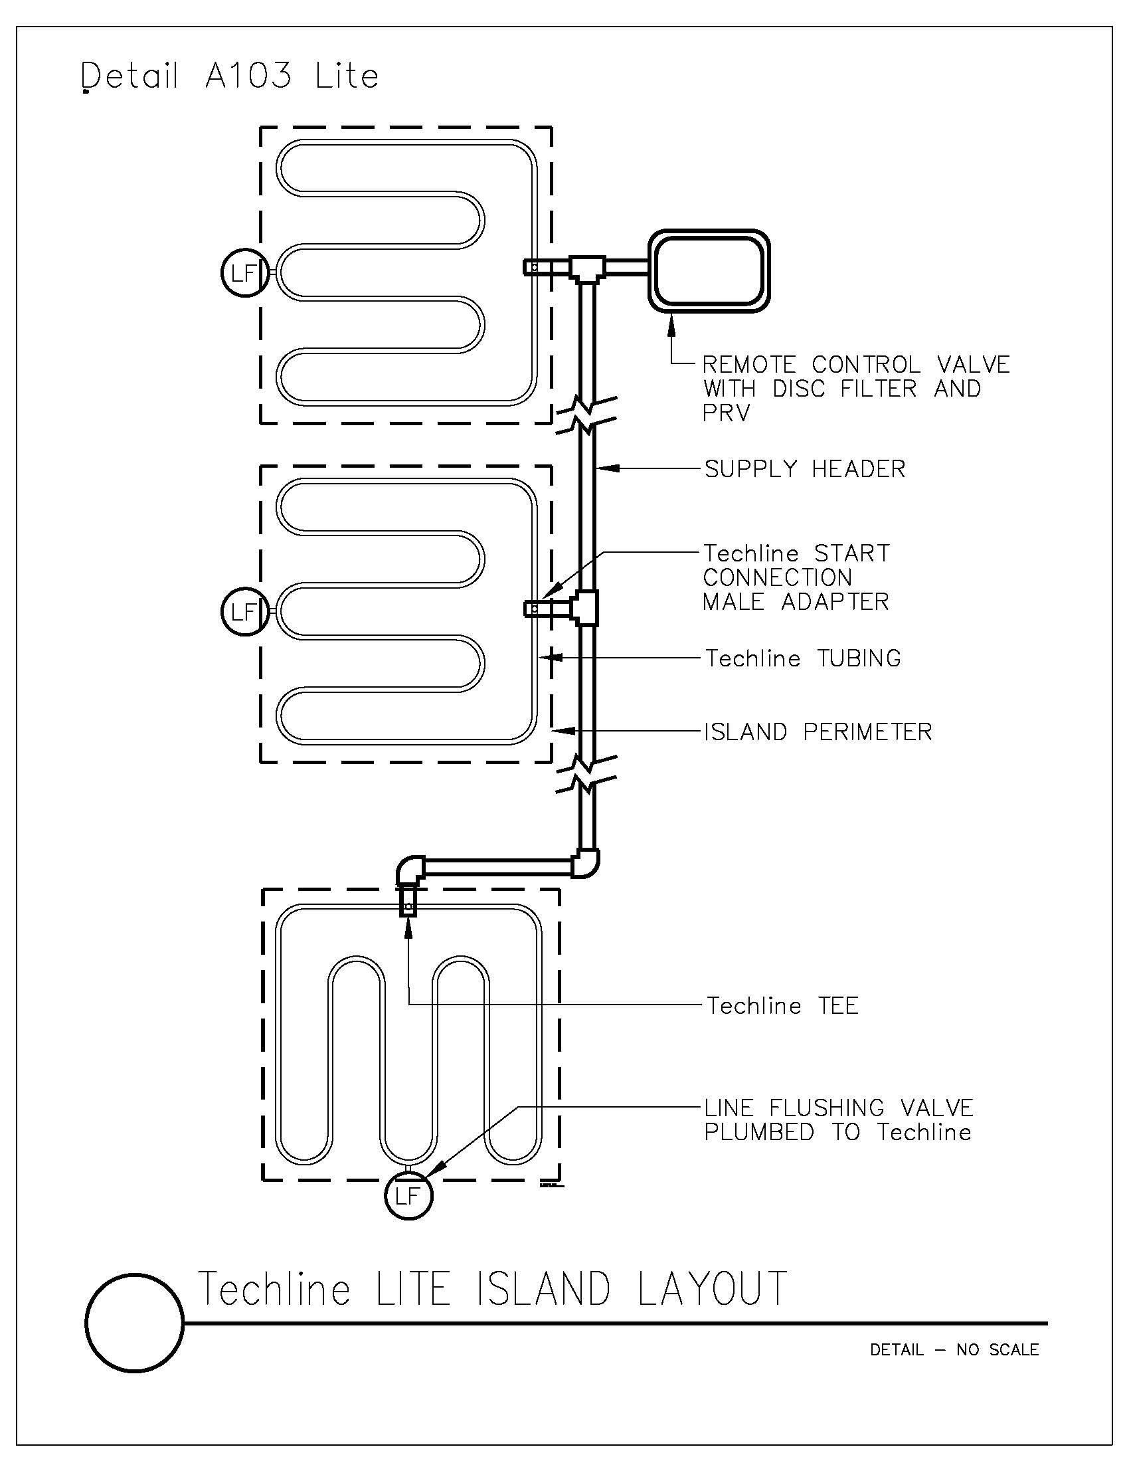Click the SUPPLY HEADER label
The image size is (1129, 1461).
tap(805, 469)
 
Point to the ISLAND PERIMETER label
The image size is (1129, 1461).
tap(818, 732)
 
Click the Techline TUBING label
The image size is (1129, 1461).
tap(804, 658)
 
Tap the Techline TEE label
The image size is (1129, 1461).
tap(782, 1005)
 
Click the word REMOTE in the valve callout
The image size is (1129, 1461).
tap(749, 365)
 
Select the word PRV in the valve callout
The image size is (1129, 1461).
tap(727, 413)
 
